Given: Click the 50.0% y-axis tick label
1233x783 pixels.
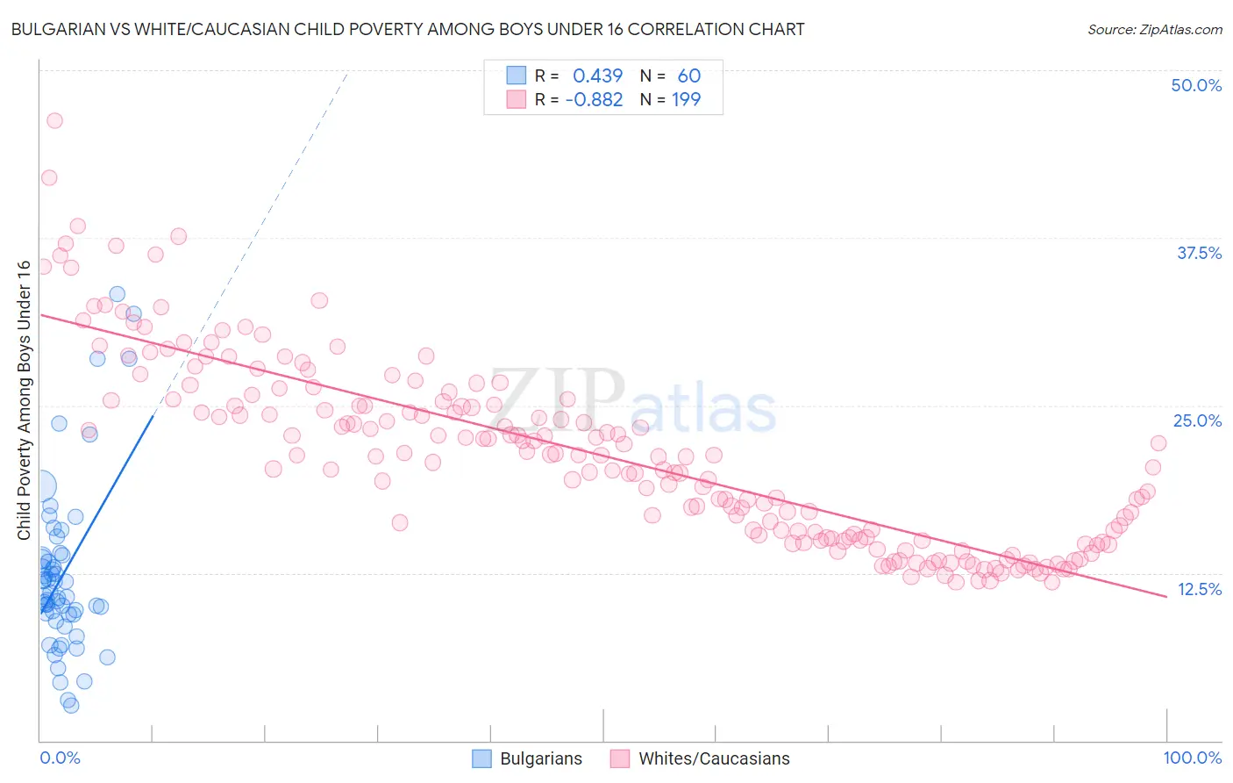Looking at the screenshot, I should click(x=1196, y=85).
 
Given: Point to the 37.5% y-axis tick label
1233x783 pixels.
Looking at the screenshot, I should click(x=1199, y=253).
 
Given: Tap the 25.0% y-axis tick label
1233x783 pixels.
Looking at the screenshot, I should click(x=1197, y=420).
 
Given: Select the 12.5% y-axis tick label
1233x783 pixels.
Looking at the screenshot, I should click(x=1199, y=589).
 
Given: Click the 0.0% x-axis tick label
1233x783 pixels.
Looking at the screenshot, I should click(x=60, y=758).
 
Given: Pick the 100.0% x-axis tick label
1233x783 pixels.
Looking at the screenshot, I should click(x=1192, y=758).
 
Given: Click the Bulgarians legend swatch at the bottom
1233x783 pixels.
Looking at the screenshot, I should click(x=481, y=758).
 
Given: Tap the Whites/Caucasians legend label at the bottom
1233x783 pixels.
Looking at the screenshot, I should click(x=714, y=758).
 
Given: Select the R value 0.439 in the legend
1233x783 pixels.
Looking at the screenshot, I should click(x=597, y=76).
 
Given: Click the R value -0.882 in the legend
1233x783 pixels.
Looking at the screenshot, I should click(x=594, y=100).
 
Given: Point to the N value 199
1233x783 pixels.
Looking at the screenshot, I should click(x=686, y=100).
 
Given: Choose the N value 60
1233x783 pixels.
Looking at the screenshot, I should click(x=688, y=76).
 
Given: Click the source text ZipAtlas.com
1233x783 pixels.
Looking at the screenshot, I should click(x=1154, y=29).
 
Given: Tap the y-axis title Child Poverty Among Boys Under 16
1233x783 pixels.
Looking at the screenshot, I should click(x=24, y=400).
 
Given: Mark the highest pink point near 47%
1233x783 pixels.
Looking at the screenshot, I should click(x=54, y=121).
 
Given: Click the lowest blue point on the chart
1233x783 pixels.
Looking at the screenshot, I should click(x=71, y=705).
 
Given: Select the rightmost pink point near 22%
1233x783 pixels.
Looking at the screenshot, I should click(x=1158, y=443).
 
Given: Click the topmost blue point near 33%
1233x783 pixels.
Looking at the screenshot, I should click(x=117, y=294).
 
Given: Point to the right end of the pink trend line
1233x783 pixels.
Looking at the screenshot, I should click(x=1166, y=596).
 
